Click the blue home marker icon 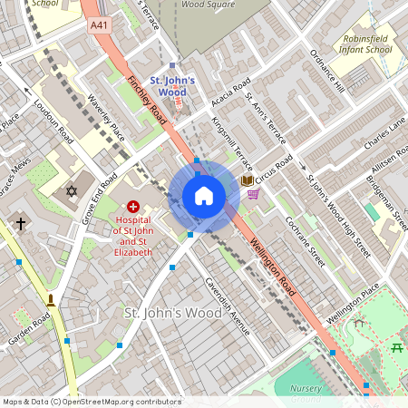(x=204, y=196)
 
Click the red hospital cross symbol (x=133, y=208)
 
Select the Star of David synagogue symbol (x=73, y=191)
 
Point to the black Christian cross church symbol (x=20, y=222)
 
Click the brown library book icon (x=247, y=180)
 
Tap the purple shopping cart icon (x=254, y=194)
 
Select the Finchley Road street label (x=146, y=101)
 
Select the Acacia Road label (x=230, y=94)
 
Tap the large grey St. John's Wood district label (x=172, y=313)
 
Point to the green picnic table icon (x=397, y=348)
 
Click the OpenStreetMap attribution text (x=92, y=402)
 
